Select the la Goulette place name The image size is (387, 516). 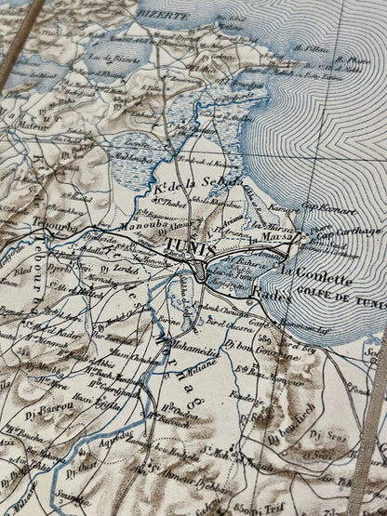coord(315,277)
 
